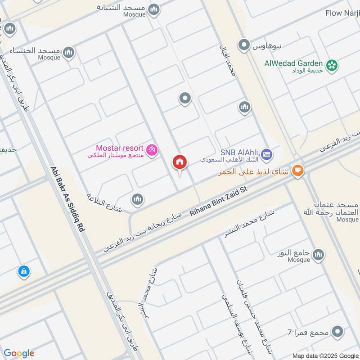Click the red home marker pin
tap(180, 163)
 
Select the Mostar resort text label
tap(119, 148)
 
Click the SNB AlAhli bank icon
tap(266, 154)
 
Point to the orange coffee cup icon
tap(297, 170)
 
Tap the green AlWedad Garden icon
tap(332, 65)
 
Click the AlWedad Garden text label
tap(294, 63)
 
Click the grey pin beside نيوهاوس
tap(244, 45)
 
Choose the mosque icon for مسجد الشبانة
tap(154, 9)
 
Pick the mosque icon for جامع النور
tap(318, 255)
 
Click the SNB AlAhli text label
tap(239, 153)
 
